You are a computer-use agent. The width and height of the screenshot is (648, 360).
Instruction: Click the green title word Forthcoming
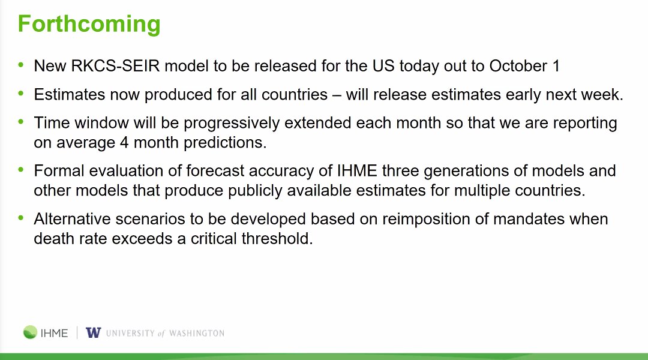click(x=89, y=25)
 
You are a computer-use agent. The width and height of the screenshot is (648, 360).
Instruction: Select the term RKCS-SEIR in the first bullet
click(x=115, y=66)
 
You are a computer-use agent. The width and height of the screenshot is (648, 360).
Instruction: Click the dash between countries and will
click(x=337, y=95)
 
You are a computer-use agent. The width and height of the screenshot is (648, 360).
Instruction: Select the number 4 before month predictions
click(x=124, y=143)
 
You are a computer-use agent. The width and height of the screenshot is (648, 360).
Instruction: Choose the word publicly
click(x=255, y=191)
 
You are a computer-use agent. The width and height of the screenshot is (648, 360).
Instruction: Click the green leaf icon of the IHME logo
click(x=30, y=332)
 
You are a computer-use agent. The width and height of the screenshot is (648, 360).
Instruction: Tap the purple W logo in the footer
click(x=94, y=332)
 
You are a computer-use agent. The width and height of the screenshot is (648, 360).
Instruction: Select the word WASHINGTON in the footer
click(x=197, y=333)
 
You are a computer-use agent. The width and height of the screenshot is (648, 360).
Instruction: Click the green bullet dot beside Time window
click(x=21, y=122)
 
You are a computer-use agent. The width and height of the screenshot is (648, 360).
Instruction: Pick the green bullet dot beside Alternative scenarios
click(x=21, y=217)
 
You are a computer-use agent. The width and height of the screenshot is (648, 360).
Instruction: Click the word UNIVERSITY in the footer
click(x=130, y=333)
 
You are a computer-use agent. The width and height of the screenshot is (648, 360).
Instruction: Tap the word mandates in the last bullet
click(x=529, y=219)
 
